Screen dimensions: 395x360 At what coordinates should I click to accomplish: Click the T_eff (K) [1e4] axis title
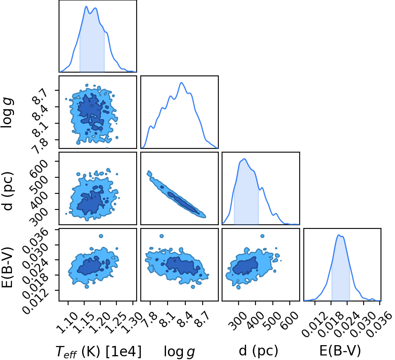[99, 351]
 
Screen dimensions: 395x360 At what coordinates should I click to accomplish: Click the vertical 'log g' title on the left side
[7, 113]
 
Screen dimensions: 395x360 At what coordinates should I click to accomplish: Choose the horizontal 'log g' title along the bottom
[180, 351]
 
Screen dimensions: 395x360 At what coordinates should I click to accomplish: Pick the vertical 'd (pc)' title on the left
[7, 191]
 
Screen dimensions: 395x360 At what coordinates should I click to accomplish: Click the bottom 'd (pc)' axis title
[259, 351]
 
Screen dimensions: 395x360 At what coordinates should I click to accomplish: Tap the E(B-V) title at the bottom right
[340, 351]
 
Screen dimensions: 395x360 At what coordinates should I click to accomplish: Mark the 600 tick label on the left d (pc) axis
[40, 166]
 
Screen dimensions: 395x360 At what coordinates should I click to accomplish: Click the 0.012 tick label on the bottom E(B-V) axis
[312, 323]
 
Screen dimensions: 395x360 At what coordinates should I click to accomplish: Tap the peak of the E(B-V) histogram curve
[339, 235]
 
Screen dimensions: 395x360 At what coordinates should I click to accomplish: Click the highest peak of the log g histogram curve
[181, 82]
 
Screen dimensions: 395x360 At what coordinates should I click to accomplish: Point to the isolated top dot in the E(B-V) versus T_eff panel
[101, 236]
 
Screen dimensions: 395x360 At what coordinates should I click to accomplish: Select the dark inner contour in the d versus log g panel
[183, 202]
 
